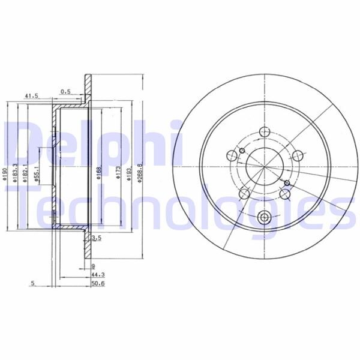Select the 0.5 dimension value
[x=65, y=92]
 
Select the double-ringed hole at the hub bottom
[x=264, y=217]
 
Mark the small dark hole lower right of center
[x=287, y=183]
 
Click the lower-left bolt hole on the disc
[x=244, y=193]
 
